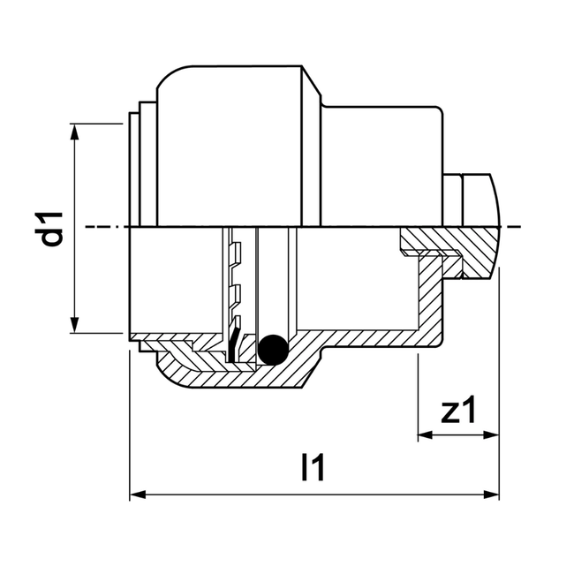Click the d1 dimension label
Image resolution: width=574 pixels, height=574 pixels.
pos(56,228)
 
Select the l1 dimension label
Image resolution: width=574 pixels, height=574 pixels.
pos(313,468)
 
